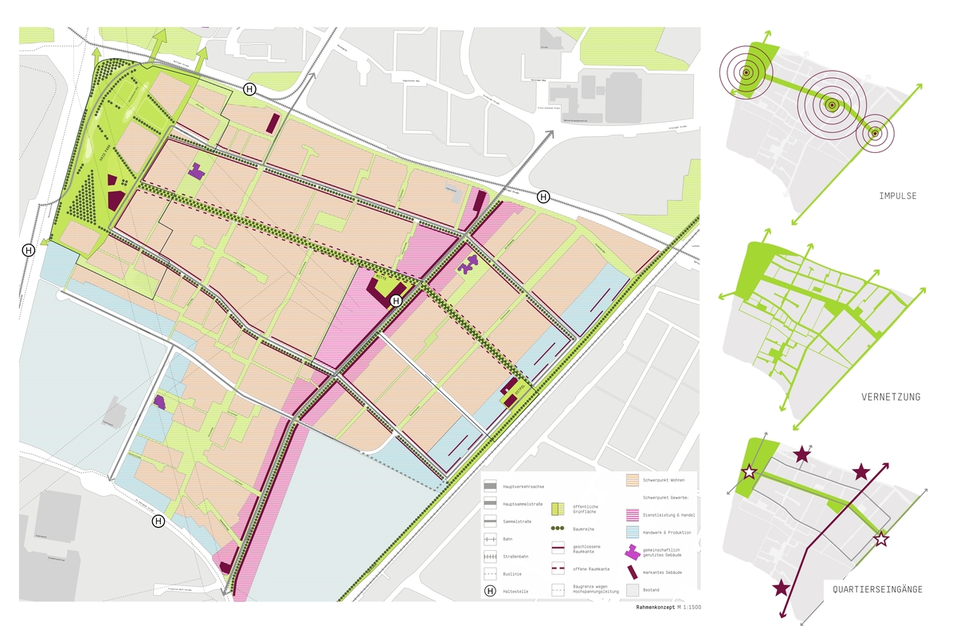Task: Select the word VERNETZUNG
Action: point(891,397)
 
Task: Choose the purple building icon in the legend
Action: point(631,551)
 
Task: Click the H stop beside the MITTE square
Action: point(396,300)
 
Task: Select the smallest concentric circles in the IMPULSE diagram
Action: point(875,134)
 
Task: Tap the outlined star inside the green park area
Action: point(749,472)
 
